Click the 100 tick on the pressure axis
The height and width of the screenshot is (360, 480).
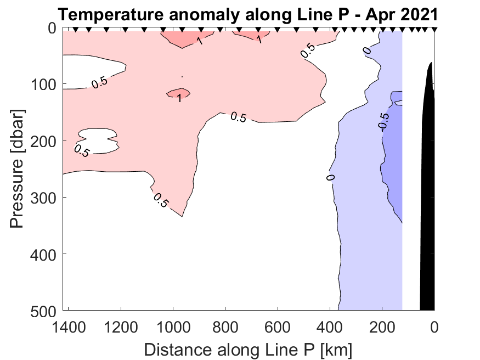pos(45,85)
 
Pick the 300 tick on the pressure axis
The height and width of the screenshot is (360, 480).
pos(45,198)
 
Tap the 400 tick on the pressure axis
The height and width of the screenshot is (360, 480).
pos(45,254)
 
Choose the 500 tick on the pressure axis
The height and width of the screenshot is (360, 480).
pos(45,311)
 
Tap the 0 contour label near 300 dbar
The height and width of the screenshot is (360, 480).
pos(330,178)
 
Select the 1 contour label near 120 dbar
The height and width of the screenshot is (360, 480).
pos(179,98)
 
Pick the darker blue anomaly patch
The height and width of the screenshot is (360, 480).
pos(393,159)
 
